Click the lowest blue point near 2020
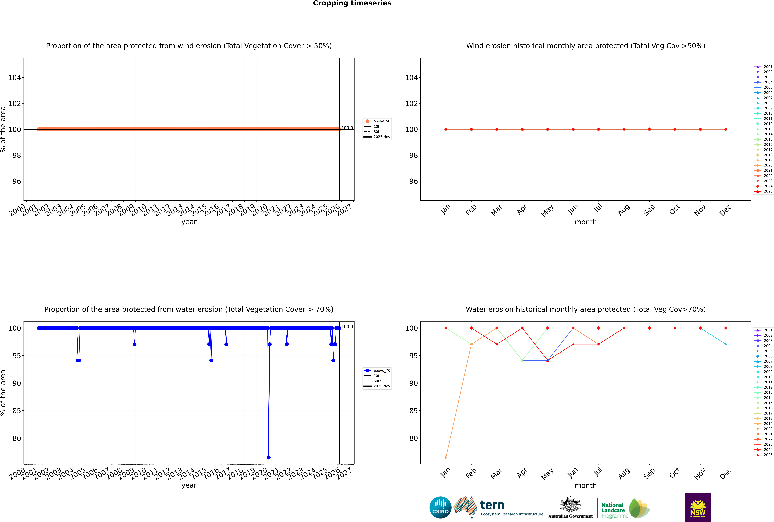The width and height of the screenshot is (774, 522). coord(269,457)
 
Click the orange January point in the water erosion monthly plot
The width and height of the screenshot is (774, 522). coord(446,457)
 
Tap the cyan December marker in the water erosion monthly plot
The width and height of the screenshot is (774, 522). coord(726,344)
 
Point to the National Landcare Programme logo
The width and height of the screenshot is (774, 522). coord(625,508)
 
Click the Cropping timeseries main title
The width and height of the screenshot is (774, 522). coord(352,3)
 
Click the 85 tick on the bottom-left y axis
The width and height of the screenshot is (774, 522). coord(17,411)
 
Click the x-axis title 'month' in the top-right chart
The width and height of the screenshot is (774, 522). coord(586,222)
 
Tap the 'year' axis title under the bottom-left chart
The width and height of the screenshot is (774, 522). coord(189,485)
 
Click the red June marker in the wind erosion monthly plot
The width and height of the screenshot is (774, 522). coord(573,129)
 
